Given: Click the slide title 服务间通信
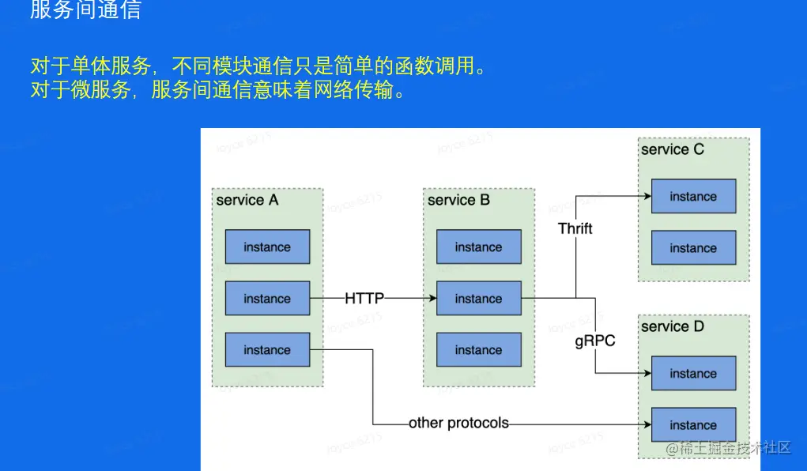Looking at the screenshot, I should pyautogui.click(x=85, y=10).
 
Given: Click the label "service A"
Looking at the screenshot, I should pyautogui.click(x=247, y=200).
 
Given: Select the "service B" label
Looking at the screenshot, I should pyautogui.click(x=458, y=200).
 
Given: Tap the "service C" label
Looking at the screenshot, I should pyautogui.click(x=672, y=149).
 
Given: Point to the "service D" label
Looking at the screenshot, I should pyautogui.click(x=672, y=326).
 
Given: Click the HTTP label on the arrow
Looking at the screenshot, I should pyautogui.click(x=364, y=299).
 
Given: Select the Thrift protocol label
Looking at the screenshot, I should pyautogui.click(x=575, y=228).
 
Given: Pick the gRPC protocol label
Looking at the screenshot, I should pyautogui.click(x=594, y=341).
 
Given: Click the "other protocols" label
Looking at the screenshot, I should pyautogui.click(x=458, y=423).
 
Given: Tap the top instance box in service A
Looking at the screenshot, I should pyautogui.click(x=267, y=247).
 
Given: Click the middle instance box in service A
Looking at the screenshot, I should pyautogui.click(x=267, y=299).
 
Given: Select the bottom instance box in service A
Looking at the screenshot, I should pyautogui.click(x=267, y=350).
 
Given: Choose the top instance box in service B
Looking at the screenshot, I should pyautogui.click(x=478, y=247).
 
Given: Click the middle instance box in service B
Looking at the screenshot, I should pyautogui.click(x=478, y=299).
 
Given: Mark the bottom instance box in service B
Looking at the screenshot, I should pyautogui.click(x=478, y=350).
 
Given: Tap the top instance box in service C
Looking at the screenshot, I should pyautogui.click(x=693, y=197).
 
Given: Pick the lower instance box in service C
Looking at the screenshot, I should pyautogui.click(x=693, y=248).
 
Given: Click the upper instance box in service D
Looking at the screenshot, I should pyautogui.click(x=693, y=374).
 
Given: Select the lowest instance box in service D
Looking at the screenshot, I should pyautogui.click(x=693, y=425).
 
